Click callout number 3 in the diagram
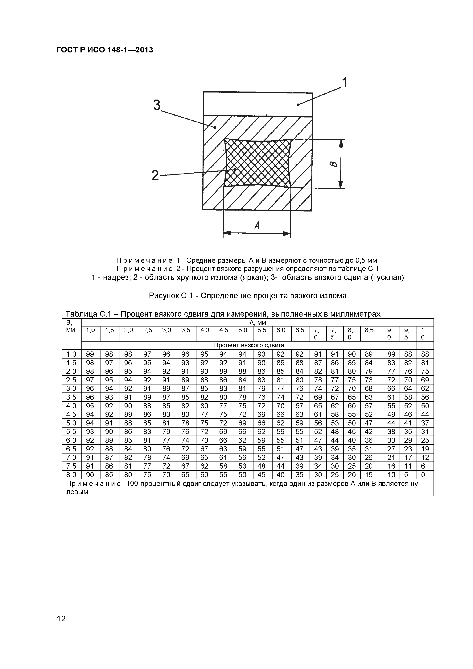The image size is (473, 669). (x=157, y=105)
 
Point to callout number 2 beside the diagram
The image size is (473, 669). (x=155, y=176)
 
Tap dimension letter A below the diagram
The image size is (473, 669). (x=257, y=225)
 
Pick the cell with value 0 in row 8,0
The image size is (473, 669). (x=423, y=475)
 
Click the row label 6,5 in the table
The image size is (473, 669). (x=71, y=449)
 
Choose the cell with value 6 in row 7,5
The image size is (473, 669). (x=423, y=466)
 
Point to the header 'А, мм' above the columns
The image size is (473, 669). (x=258, y=322)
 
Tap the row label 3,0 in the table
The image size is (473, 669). (x=71, y=389)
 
